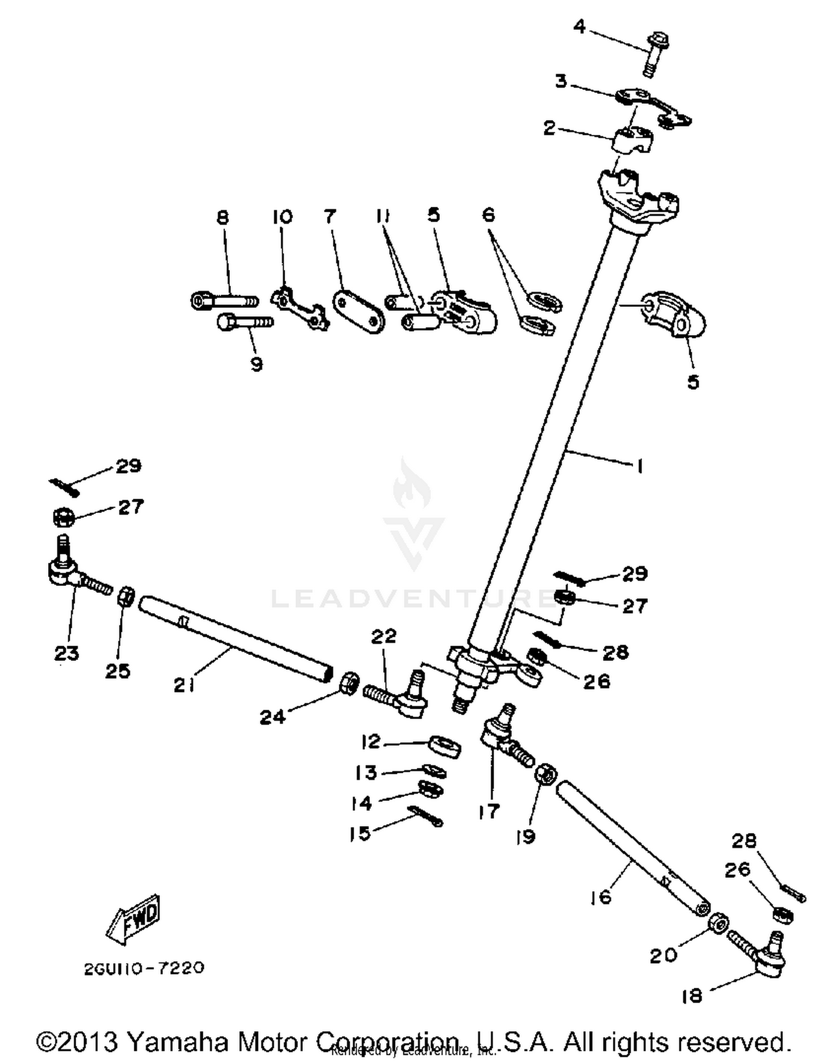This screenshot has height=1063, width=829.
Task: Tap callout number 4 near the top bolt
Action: [579, 26]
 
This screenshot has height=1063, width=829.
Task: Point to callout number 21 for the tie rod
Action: [184, 685]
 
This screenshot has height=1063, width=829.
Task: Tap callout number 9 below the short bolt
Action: [256, 364]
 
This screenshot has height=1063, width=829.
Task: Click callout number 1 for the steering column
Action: [639, 467]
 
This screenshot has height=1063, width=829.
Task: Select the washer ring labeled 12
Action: [445, 746]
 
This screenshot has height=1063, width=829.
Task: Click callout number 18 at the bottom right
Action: [691, 996]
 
